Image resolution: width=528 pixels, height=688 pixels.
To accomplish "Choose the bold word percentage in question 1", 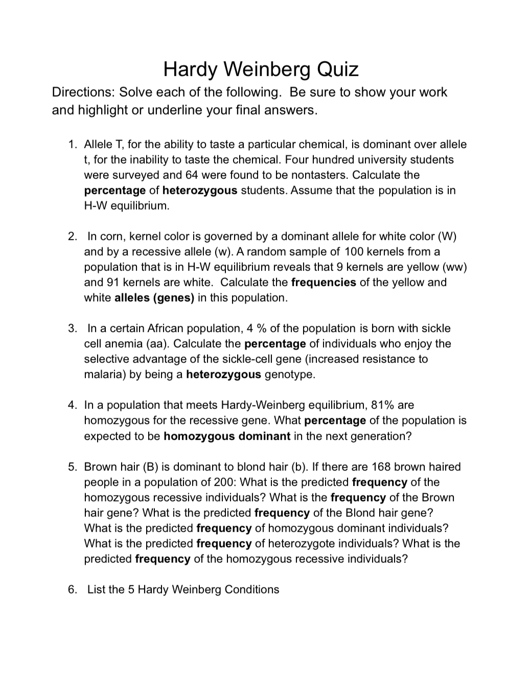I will pyautogui.click(x=114, y=190).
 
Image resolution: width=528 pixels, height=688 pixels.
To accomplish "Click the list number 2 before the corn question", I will pyautogui.click(x=72, y=236).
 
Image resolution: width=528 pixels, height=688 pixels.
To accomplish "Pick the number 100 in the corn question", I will pyautogui.click(x=354, y=251).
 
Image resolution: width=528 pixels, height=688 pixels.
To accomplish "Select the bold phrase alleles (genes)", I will pyautogui.click(x=154, y=297).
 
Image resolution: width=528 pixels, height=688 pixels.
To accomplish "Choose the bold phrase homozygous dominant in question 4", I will pyautogui.click(x=227, y=436).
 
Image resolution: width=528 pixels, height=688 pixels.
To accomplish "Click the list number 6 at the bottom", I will pyautogui.click(x=72, y=589).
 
